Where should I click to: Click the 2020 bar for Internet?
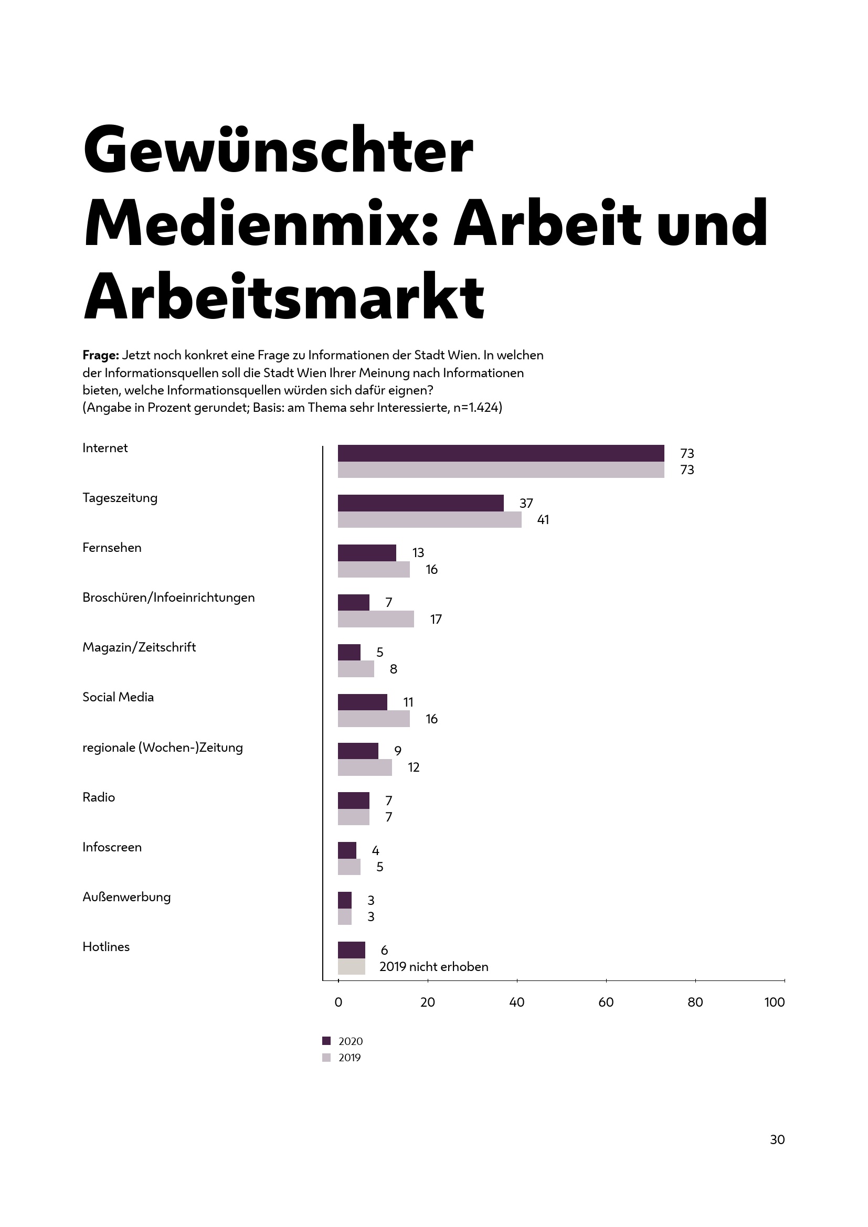501,453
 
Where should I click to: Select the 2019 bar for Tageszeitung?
429,519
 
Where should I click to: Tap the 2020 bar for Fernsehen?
367,552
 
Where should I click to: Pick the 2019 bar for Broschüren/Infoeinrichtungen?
376,619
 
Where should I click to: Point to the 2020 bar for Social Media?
363,702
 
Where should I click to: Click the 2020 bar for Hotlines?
351,950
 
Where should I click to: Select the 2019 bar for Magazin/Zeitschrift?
355,669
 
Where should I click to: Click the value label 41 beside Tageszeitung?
543,519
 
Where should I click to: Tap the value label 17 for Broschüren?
436,620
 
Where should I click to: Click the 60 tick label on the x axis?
606,1002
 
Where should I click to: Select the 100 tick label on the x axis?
774,1002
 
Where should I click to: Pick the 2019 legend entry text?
350,1058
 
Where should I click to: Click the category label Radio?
99,797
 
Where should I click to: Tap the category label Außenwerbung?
126,897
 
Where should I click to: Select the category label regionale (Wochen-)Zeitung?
163,748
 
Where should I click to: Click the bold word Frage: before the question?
100,355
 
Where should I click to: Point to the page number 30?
777,1140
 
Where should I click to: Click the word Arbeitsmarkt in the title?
284,296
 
